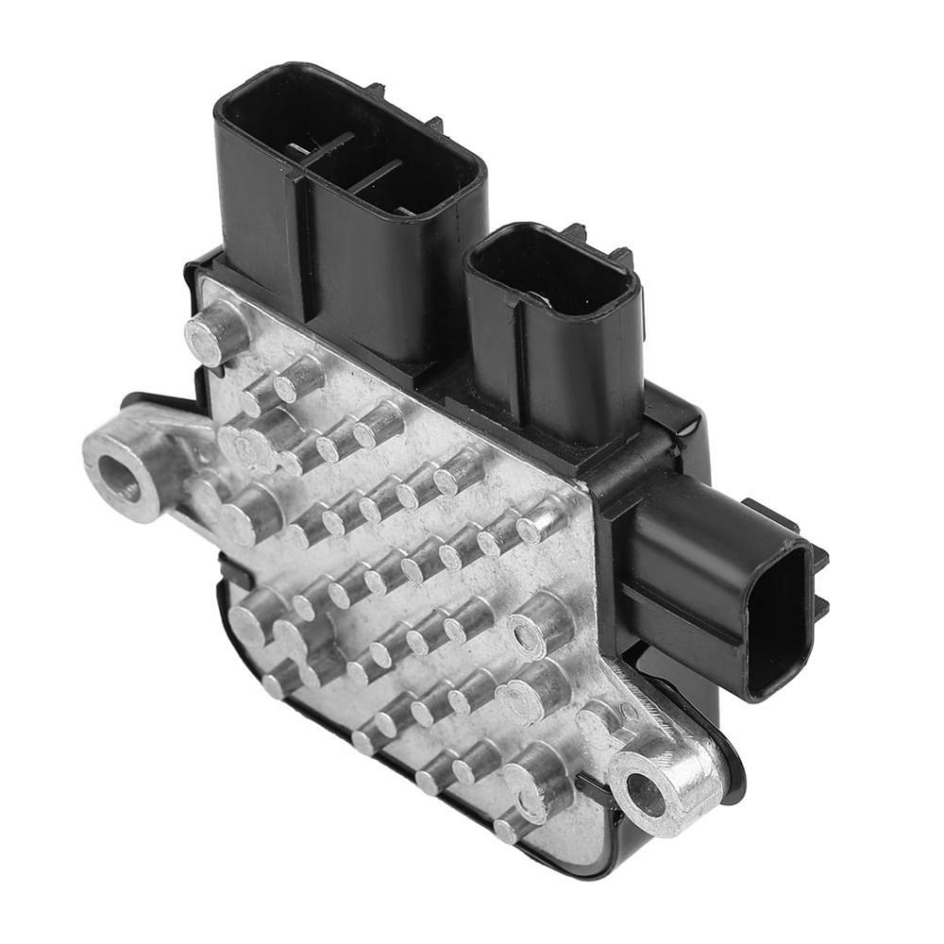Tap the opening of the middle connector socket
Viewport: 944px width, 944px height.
click(x=550, y=274)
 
